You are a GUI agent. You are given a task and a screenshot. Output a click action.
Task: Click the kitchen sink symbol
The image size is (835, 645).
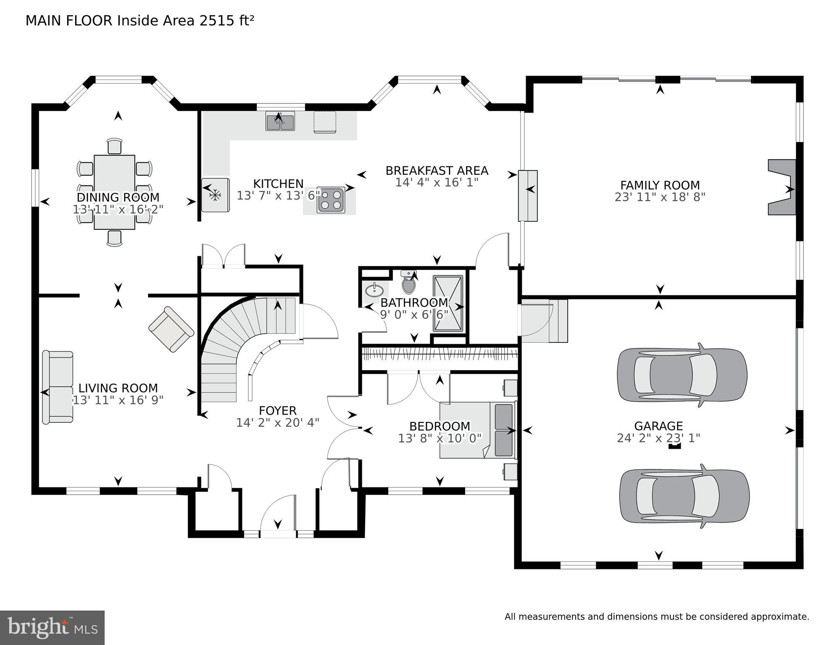[280, 121]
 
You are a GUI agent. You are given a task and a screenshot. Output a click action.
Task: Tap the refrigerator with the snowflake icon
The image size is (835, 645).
[215, 195]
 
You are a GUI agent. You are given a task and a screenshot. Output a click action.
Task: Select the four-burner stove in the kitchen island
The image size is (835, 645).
[331, 200]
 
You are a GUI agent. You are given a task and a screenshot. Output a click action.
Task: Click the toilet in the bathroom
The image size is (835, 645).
[408, 282]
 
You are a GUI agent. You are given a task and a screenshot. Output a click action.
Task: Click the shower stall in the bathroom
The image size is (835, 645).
[448, 303]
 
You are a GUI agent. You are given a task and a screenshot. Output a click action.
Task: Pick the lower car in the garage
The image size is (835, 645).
[684, 496]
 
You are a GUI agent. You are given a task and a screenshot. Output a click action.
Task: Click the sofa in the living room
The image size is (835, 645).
[58, 387]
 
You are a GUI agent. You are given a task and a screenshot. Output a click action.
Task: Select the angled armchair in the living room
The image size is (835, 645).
[171, 329]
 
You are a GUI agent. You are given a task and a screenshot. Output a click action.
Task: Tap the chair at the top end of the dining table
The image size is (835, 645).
[114, 146]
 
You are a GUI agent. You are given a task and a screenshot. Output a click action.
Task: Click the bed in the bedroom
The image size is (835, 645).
[477, 430]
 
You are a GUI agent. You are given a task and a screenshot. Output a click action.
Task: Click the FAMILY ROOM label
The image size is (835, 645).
[659, 185]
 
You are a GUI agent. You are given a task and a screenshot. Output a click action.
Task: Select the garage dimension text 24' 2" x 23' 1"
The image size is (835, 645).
[658, 438]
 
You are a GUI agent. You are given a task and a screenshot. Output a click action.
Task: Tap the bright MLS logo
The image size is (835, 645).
[52, 627]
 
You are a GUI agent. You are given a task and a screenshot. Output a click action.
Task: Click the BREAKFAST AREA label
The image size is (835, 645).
[437, 171]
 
